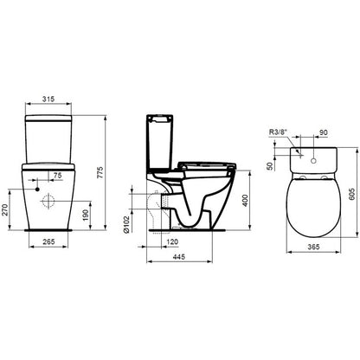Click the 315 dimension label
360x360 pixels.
[48, 100]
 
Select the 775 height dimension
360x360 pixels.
[100, 172]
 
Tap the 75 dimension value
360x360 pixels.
[57, 176]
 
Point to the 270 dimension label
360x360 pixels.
[4, 210]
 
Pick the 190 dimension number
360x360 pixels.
[86, 215]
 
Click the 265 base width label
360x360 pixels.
[48, 241]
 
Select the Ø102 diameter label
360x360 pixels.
[125, 224]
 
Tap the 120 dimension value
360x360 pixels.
[173, 241]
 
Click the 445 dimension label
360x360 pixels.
[178, 257]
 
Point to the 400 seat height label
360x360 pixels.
[245, 201]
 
